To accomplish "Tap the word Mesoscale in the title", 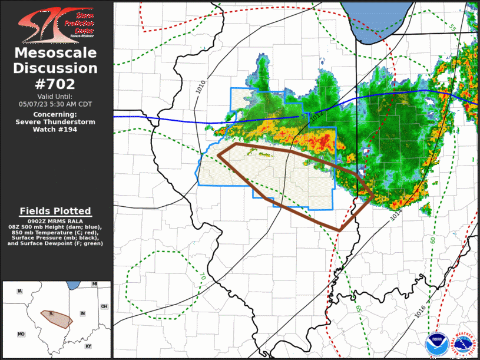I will [x=55, y=53].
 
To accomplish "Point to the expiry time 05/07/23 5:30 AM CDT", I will [x=55, y=104].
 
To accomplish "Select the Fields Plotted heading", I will [x=55, y=211].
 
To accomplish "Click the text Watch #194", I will [x=55, y=130].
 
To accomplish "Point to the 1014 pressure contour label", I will [x=395, y=214].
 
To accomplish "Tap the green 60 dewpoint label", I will [x=433, y=240].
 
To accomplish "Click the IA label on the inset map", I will [x=20, y=291].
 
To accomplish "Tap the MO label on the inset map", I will [x=21, y=334].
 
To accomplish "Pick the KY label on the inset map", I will [x=88, y=346].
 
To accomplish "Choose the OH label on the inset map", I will [x=104, y=306].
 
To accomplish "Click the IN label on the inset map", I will [x=83, y=313].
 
